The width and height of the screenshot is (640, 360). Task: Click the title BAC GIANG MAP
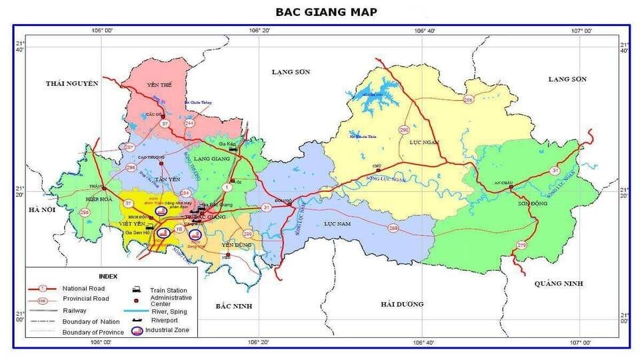point(326,12)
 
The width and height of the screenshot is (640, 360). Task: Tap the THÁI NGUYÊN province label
point(72,83)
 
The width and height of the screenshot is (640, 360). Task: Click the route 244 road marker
point(190,123)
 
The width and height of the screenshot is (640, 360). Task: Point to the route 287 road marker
point(129,147)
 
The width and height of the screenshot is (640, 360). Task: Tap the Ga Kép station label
point(228,144)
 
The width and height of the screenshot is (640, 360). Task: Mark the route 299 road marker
point(247,234)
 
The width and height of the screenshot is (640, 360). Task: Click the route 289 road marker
point(393,229)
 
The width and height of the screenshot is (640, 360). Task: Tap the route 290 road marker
point(404,130)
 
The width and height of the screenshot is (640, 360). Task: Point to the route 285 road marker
point(468,99)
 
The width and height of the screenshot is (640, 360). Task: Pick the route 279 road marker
point(521,246)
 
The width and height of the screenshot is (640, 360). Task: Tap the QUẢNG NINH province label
point(559,283)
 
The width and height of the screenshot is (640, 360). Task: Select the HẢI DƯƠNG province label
point(402,304)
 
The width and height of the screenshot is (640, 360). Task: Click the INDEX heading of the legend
point(108,276)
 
